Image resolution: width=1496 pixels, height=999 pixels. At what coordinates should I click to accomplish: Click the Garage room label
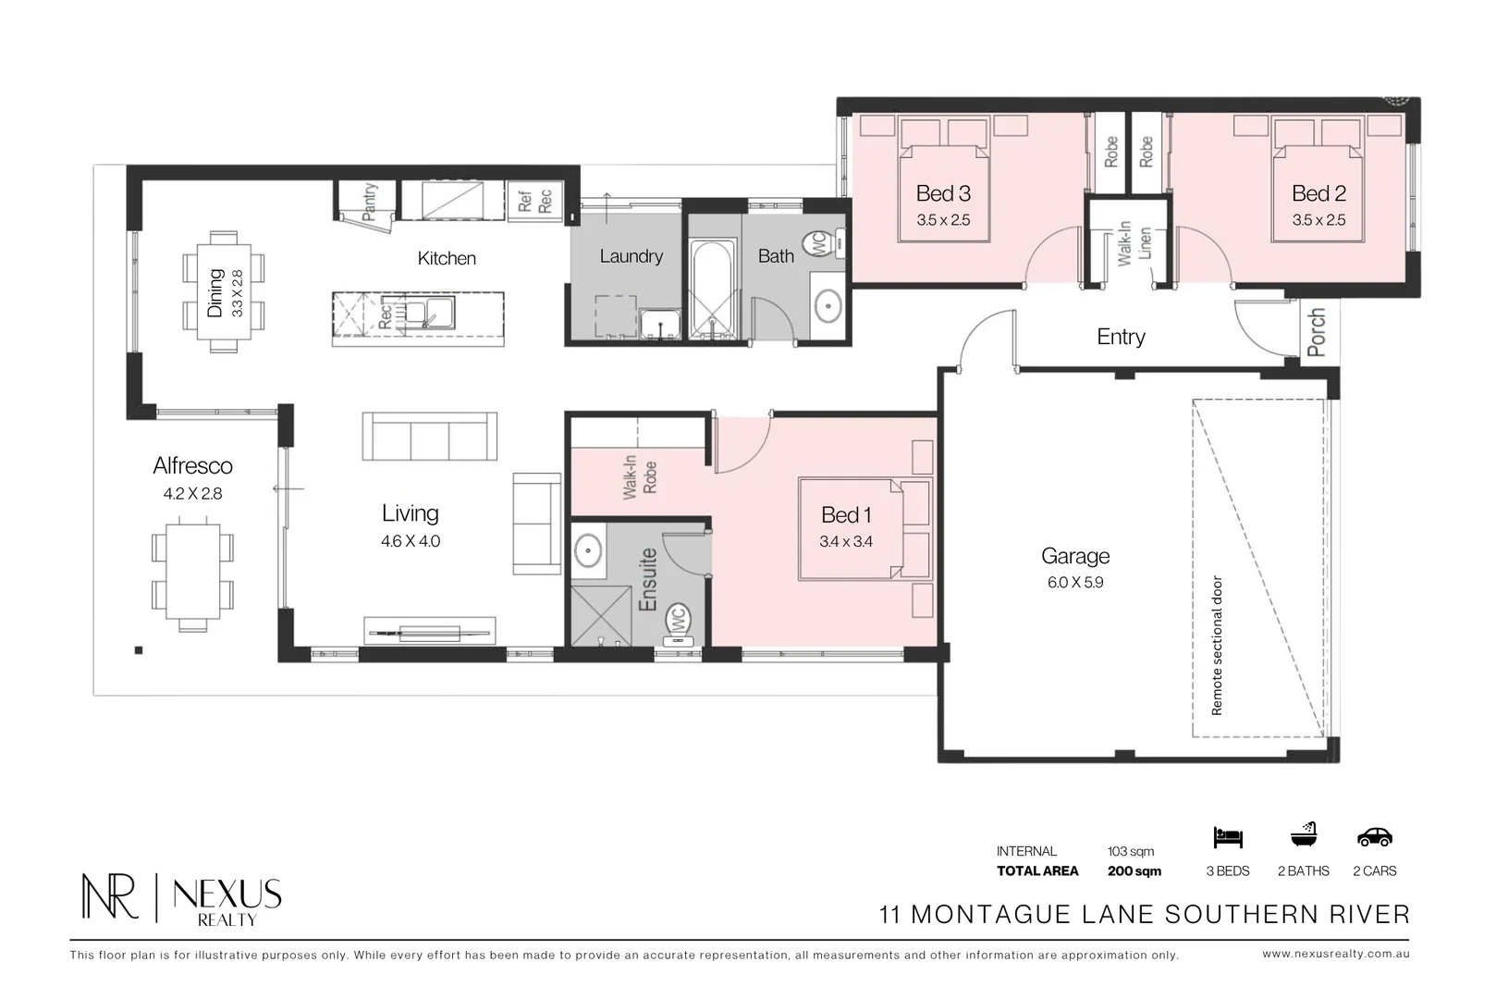pyautogui.click(x=1075, y=556)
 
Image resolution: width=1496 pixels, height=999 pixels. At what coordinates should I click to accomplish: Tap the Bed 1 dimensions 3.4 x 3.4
pyautogui.click(x=846, y=541)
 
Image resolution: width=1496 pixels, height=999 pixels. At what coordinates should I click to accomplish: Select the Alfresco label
pyautogui.click(x=192, y=466)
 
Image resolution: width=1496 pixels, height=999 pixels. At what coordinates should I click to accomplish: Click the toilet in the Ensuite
pyautogui.click(x=678, y=625)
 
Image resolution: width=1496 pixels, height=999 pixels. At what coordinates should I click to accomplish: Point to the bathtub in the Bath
pyautogui.click(x=713, y=289)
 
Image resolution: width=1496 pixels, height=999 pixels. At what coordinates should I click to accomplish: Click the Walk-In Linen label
pyautogui.click(x=1134, y=243)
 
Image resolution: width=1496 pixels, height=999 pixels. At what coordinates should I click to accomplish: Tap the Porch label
pyautogui.click(x=1316, y=332)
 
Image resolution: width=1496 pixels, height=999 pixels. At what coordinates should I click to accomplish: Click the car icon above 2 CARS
pyautogui.click(x=1375, y=836)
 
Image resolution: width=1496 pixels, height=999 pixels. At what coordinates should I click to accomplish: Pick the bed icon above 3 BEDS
pyautogui.click(x=1228, y=837)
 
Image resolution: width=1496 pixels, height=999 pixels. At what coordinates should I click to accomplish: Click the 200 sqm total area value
pyautogui.click(x=1134, y=870)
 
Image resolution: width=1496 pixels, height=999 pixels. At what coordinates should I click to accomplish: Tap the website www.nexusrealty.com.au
pyautogui.click(x=1336, y=955)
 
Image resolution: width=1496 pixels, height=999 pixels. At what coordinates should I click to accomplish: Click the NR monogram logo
pyautogui.click(x=109, y=895)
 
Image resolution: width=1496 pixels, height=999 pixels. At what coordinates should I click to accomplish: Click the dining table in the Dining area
pyautogui.click(x=224, y=292)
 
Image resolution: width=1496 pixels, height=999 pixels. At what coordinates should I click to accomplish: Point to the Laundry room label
pyautogui.click(x=632, y=256)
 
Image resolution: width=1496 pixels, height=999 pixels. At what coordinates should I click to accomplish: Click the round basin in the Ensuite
pyautogui.click(x=588, y=550)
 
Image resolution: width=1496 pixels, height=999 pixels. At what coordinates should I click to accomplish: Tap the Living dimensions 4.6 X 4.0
pyautogui.click(x=411, y=541)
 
